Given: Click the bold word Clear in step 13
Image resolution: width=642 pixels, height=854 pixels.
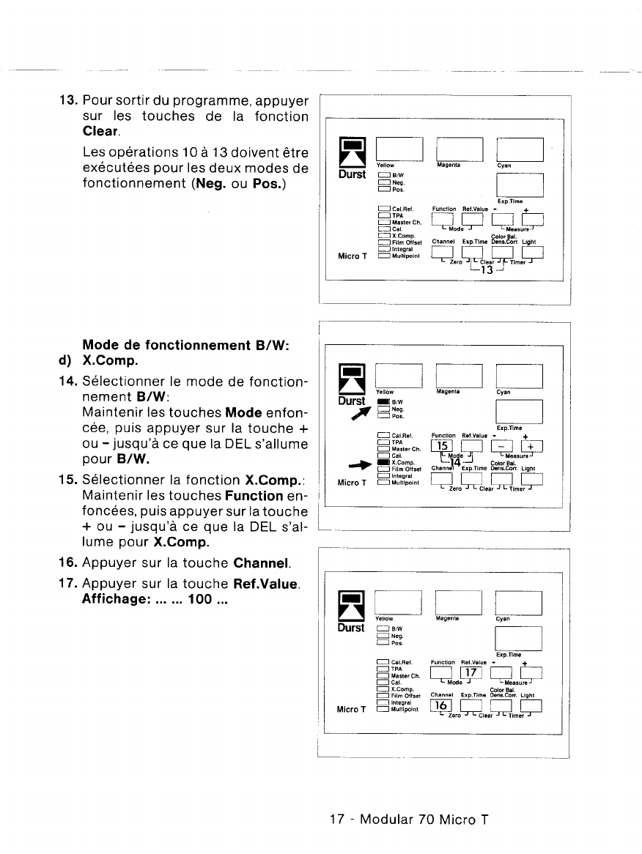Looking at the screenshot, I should pyautogui.click(x=101, y=133).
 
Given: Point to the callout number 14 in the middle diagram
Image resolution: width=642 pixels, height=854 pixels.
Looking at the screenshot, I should pyautogui.click(x=455, y=462).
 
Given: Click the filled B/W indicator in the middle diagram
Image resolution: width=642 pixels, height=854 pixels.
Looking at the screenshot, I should pyautogui.click(x=383, y=401).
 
